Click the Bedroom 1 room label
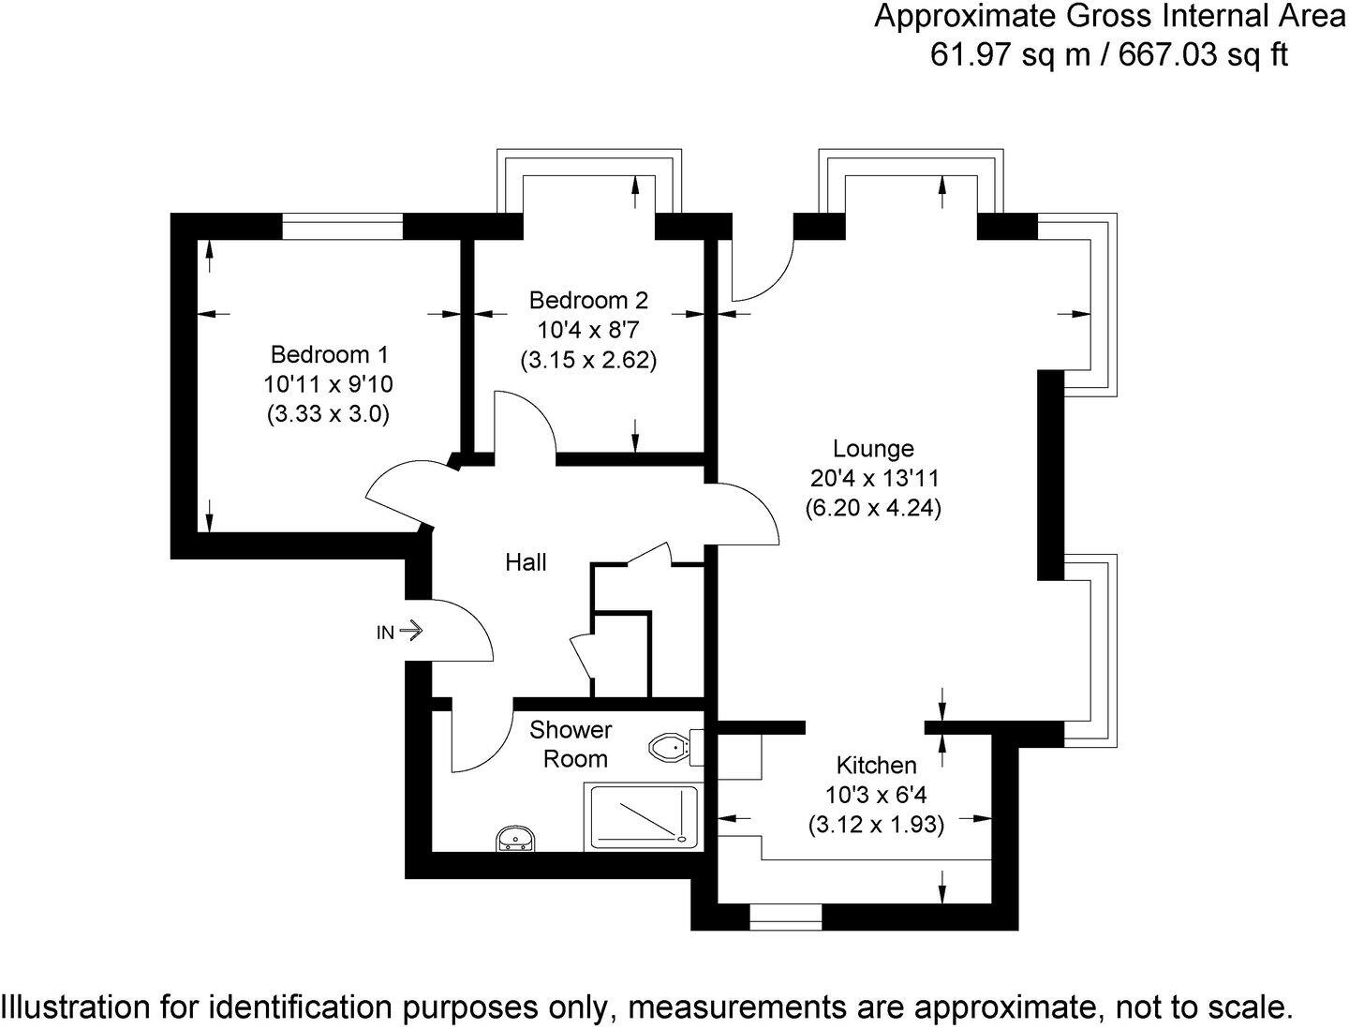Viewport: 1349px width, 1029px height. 328,355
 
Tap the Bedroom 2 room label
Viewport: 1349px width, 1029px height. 588,301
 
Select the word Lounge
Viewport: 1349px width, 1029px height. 873,449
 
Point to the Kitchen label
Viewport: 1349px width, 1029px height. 876,765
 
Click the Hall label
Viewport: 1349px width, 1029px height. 526,562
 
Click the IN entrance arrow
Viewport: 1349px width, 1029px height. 410,632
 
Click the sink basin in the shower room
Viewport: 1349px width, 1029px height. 515,839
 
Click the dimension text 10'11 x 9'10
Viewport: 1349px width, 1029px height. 328,384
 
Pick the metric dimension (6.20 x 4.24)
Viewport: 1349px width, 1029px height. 873,508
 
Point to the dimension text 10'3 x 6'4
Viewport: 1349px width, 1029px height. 876,795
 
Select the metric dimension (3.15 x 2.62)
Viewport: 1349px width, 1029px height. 588,360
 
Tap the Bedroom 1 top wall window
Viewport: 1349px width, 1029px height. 342,226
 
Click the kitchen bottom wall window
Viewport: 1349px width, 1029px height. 785,917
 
